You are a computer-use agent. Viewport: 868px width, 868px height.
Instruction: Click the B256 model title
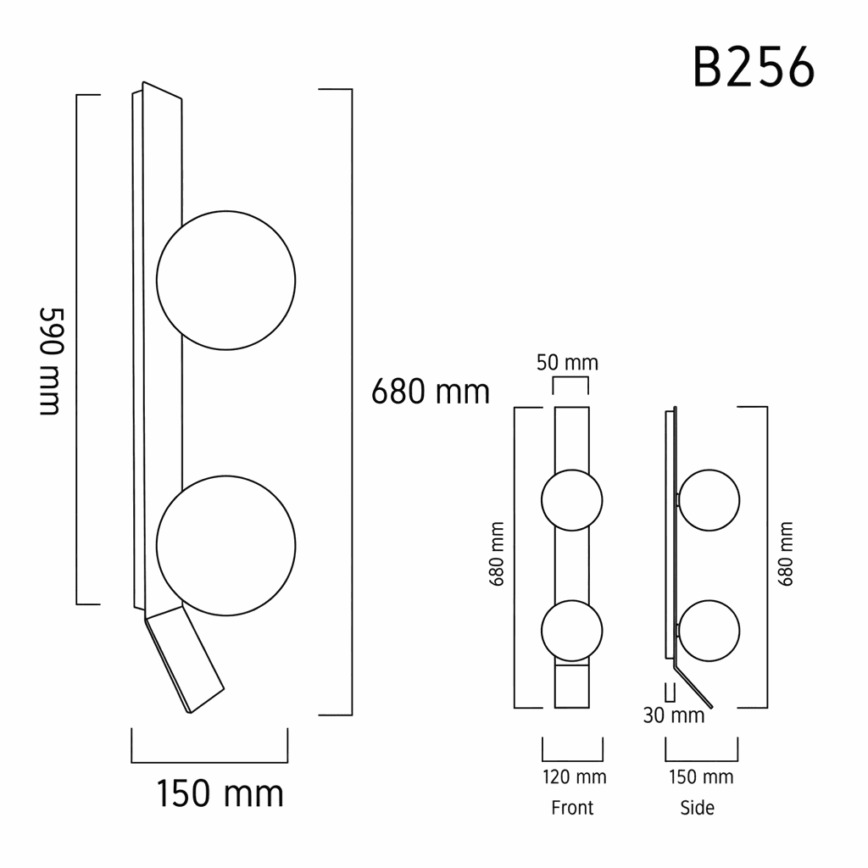coord(754,67)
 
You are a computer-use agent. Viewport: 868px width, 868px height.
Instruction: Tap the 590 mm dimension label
coord(52,361)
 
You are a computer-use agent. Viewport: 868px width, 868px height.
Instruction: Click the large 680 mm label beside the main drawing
coord(430,392)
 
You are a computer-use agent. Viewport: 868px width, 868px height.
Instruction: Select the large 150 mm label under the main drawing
coord(220,793)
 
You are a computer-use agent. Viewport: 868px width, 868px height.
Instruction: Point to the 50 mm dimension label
coord(567,363)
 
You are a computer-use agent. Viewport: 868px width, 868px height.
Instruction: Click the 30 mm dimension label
coord(674,715)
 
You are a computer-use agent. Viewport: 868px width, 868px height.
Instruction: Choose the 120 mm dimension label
coord(575,776)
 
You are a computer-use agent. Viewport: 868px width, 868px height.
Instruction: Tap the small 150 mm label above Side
coord(701,776)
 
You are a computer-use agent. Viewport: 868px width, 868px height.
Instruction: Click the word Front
coord(572,808)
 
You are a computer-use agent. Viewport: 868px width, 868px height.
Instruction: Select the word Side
coord(698,808)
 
